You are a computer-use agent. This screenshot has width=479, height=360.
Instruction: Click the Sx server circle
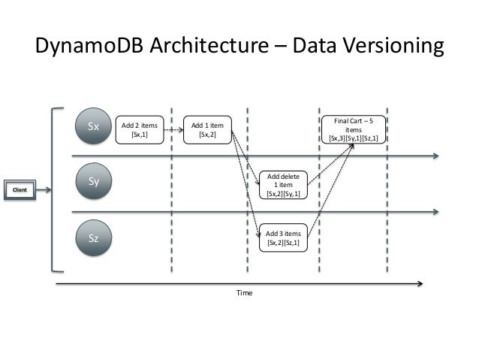(x=94, y=127)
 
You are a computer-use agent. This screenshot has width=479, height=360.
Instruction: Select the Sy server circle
(x=94, y=182)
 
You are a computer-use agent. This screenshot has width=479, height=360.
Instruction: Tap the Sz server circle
(x=94, y=239)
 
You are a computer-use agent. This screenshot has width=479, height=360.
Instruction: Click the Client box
(x=20, y=190)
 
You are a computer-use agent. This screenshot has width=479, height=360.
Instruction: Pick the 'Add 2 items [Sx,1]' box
(x=140, y=130)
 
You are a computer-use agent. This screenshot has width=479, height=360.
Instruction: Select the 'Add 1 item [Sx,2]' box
(x=208, y=130)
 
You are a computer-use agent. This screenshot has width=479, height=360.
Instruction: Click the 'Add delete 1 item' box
(x=283, y=185)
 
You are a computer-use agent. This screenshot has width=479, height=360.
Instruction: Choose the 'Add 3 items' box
(x=283, y=238)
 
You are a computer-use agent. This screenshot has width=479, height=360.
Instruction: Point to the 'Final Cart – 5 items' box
(x=353, y=129)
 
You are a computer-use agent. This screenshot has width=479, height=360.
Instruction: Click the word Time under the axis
(x=244, y=293)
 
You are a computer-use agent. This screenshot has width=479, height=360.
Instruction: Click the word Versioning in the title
(x=387, y=47)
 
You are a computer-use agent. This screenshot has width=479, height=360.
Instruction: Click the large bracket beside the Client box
(x=55, y=189)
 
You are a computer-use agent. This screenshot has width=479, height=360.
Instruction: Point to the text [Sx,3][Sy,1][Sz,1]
(x=353, y=138)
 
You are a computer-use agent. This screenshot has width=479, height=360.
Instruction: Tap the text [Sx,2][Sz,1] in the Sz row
(x=283, y=243)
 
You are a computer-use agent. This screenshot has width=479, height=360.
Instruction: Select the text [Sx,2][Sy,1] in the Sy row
(x=283, y=193)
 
